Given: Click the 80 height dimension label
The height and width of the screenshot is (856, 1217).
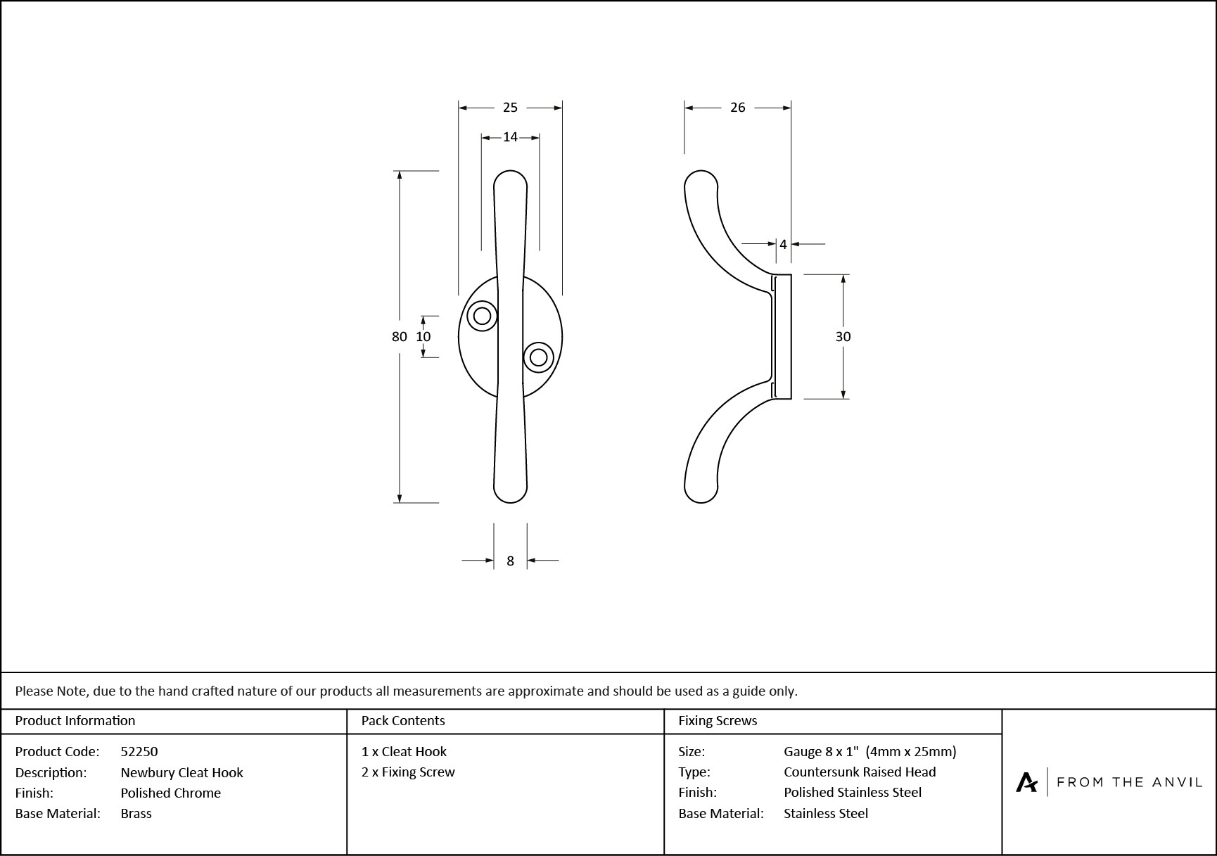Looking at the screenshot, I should coord(399,337).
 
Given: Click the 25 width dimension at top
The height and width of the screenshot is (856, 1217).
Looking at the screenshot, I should coord(510,108).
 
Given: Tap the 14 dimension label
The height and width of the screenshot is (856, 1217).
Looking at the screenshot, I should coord(510,137).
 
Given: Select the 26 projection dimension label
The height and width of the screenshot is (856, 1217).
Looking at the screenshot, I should coord(737,108).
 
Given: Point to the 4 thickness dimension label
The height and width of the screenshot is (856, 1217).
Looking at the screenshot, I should coord(783,245).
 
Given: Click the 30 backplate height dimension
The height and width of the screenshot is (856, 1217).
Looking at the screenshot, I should coord(843,337).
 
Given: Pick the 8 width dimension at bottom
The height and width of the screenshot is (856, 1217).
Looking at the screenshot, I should coord(510,561).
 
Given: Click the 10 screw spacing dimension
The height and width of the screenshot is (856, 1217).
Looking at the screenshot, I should coord(423,337).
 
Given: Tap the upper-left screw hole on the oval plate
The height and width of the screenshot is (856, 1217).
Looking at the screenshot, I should coord(483,316).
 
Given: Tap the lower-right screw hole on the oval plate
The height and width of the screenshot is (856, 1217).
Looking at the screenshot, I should coord(538,357).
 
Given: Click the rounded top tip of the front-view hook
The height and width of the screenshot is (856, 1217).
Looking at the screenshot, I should coord(511,178).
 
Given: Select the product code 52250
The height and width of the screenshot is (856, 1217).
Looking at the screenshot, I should coord(139,751).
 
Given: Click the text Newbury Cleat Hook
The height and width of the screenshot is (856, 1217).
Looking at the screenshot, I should coord(181,772).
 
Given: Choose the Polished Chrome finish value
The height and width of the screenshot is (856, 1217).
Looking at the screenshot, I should coord(170,793).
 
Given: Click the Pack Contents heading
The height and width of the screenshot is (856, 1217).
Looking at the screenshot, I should coord(403,720).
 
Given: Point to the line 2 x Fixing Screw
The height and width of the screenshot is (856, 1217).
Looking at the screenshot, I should coord(408,772).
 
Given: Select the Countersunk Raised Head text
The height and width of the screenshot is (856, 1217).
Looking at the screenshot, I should coord(860,772).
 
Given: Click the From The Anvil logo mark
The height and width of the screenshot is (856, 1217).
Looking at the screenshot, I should coord(1026,782).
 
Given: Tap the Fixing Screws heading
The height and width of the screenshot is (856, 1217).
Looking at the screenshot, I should coord(718,720).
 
